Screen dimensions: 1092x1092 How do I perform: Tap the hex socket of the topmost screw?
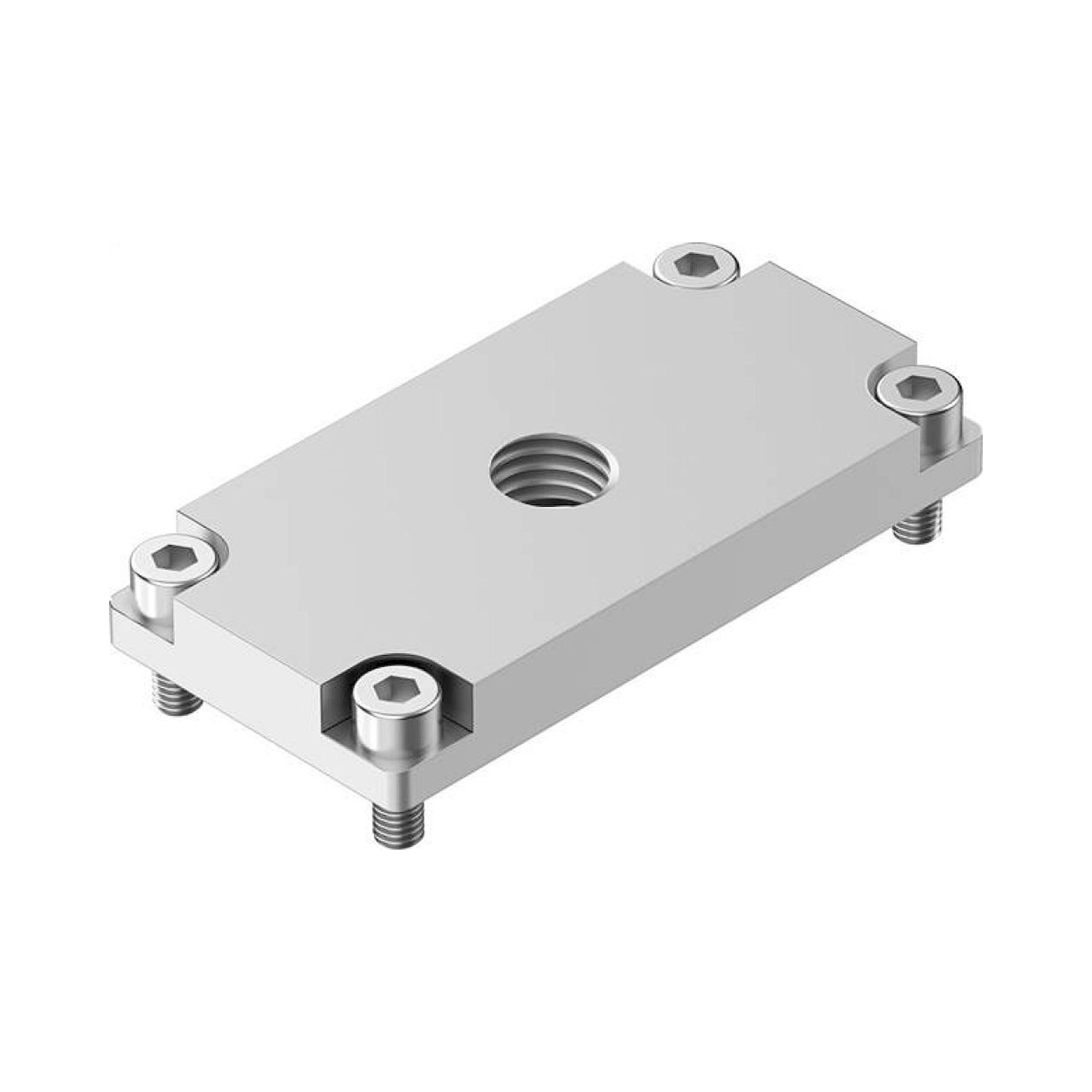point(696,263)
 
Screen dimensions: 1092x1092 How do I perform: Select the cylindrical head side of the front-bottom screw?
point(398,735)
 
